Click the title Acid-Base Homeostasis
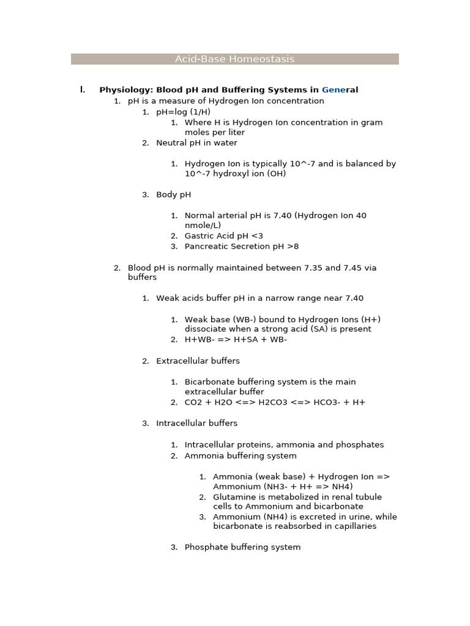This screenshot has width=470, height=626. point(234,59)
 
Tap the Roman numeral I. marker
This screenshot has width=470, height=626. point(82,90)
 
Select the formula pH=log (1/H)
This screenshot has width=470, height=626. point(183,112)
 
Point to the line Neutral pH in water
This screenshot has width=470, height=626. point(196,143)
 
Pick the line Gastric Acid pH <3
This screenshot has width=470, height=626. point(224,236)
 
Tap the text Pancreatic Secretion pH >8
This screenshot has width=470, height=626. point(242,246)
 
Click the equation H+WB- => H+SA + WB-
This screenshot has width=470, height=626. point(236,340)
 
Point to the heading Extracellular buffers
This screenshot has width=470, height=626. point(198,361)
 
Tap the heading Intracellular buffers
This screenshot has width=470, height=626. point(196,423)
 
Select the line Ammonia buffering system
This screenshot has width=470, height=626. point(241,456)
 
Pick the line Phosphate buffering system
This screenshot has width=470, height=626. point(242,548)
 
